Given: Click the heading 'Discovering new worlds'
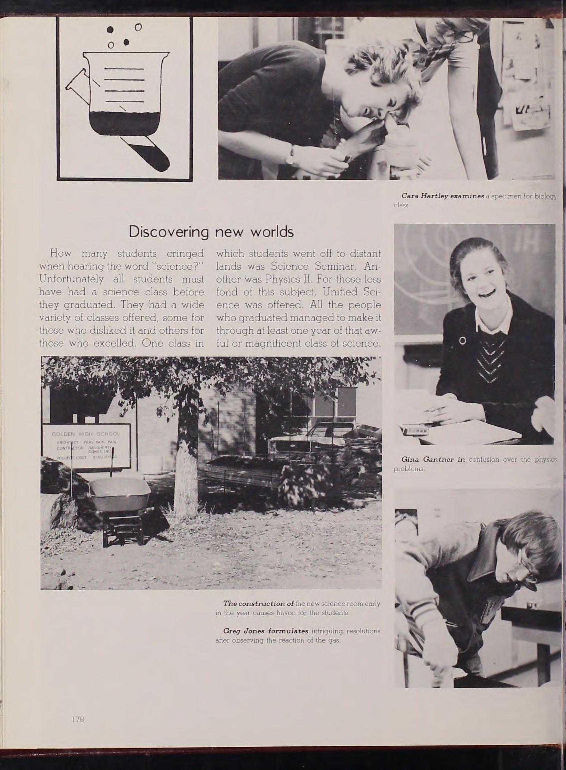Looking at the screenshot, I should click(211, 232).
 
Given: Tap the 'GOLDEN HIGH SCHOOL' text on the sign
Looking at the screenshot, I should click(86, 434).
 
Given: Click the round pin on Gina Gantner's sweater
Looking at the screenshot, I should click(463, 340).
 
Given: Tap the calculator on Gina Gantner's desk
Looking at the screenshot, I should click(415, 429).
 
